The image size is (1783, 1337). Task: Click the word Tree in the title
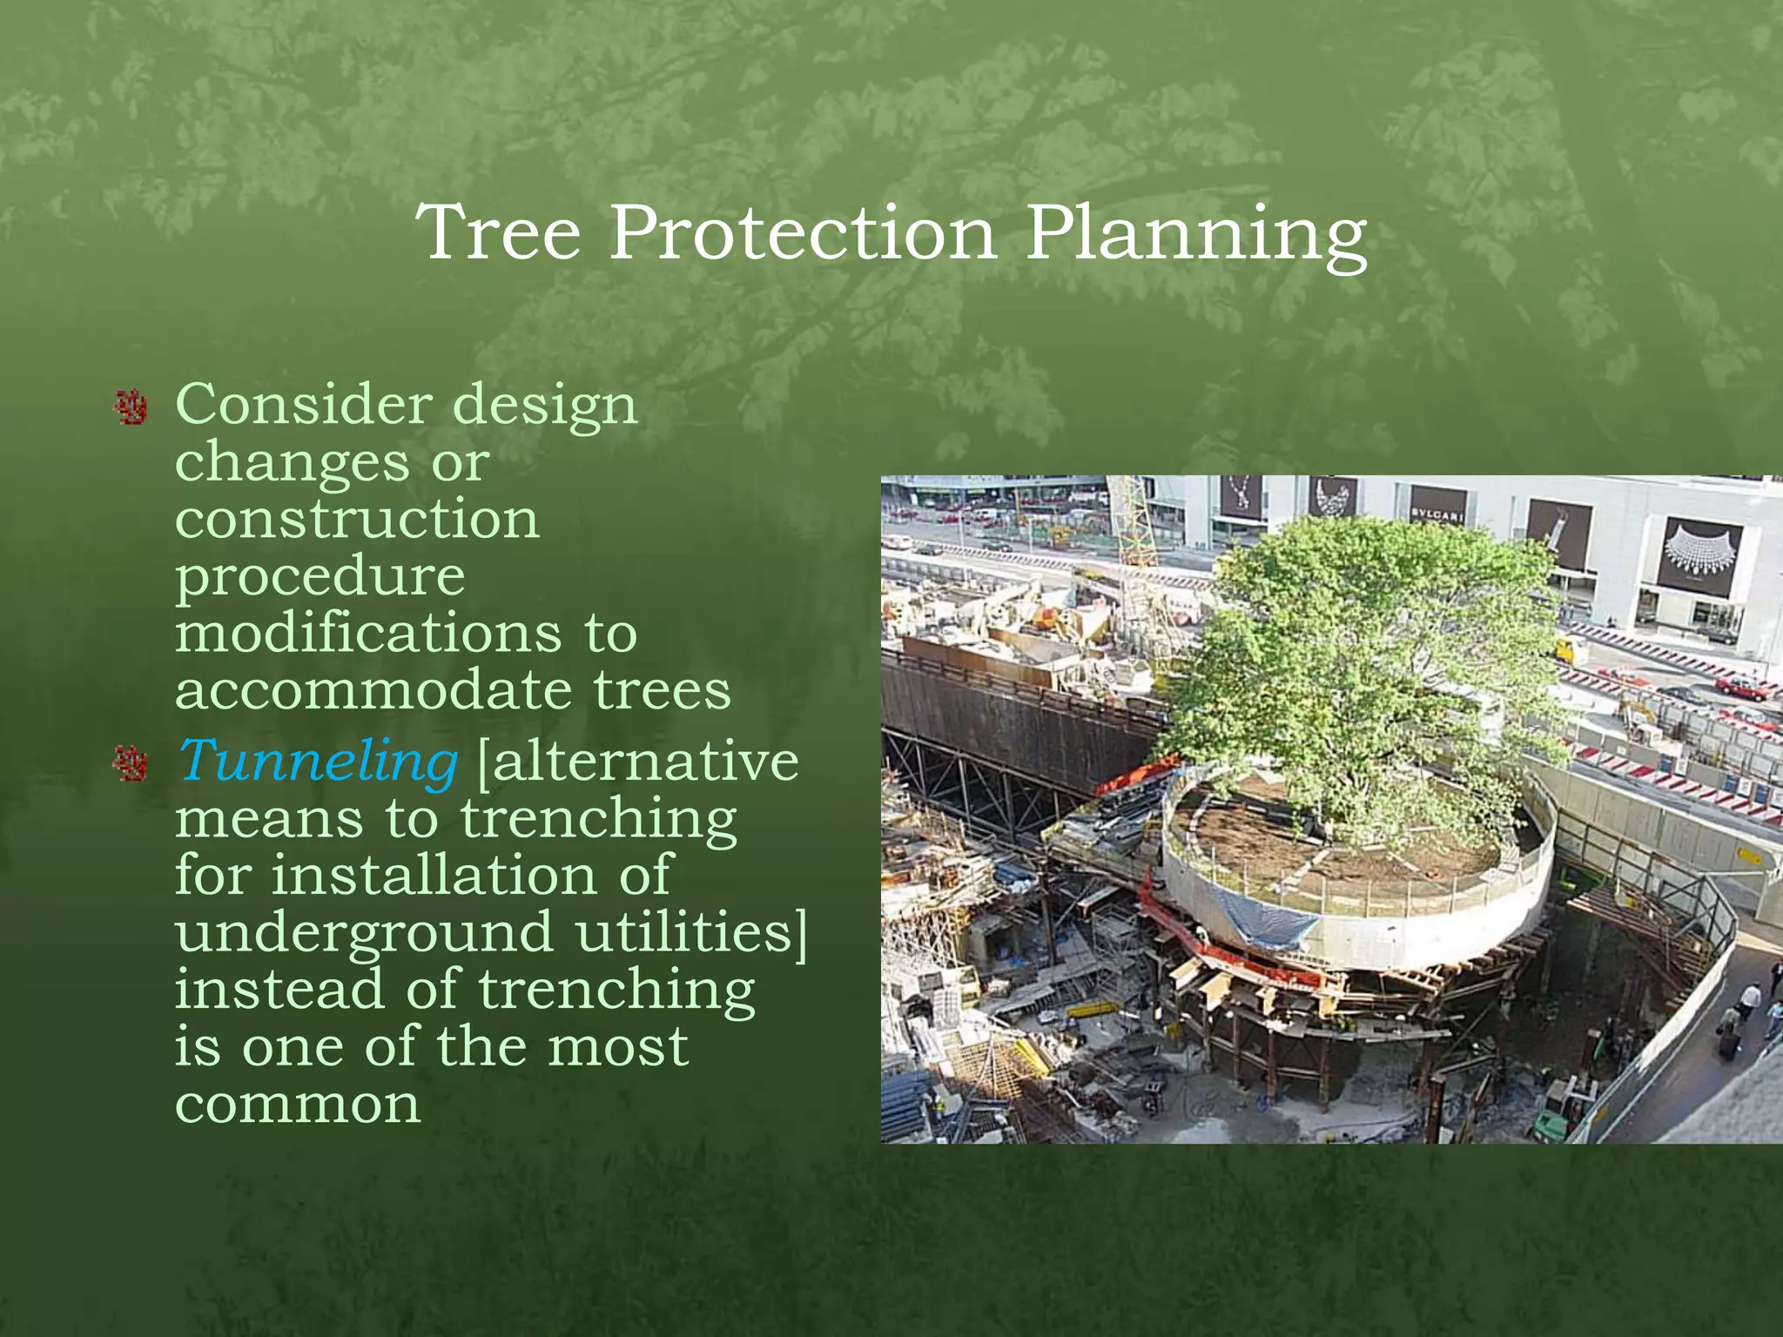(x=499, y=233)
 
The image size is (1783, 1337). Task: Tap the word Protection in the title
(x=802, y=233)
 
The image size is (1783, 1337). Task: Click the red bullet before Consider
(x=131, y=407)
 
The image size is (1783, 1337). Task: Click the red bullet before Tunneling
(x=131, y=763)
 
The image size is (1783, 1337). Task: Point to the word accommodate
(x=373, y=689)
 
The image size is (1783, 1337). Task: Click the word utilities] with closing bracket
(x=691, y=931)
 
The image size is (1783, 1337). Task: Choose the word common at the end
(x=298, y=1104)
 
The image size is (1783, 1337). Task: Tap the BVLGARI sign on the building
(x=1437, y=514)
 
